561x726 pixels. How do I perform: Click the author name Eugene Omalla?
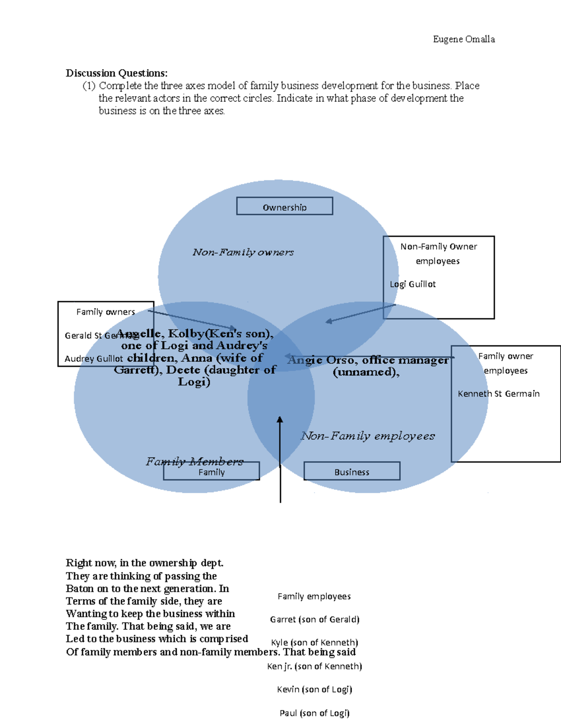464,39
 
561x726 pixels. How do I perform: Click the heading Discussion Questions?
116,73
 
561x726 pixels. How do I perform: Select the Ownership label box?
284,206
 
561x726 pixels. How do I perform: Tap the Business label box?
352,471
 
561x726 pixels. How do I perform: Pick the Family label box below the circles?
211,472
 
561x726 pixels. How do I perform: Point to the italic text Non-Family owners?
243,252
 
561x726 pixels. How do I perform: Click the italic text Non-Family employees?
368,436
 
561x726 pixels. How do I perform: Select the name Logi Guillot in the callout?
413,284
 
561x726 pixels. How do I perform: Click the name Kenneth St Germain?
498,394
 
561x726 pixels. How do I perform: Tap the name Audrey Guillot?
93,359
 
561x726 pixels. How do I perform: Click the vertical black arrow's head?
280,420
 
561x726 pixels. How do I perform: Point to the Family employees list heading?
314,596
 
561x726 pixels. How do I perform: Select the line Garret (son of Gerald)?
315,619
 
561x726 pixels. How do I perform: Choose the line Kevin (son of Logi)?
315,689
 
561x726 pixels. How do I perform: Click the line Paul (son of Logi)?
315,713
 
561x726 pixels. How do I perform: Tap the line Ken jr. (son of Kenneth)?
315,666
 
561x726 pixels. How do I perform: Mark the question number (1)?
89,86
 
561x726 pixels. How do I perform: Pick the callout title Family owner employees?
505,363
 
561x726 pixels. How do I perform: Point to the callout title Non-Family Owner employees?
439,253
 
